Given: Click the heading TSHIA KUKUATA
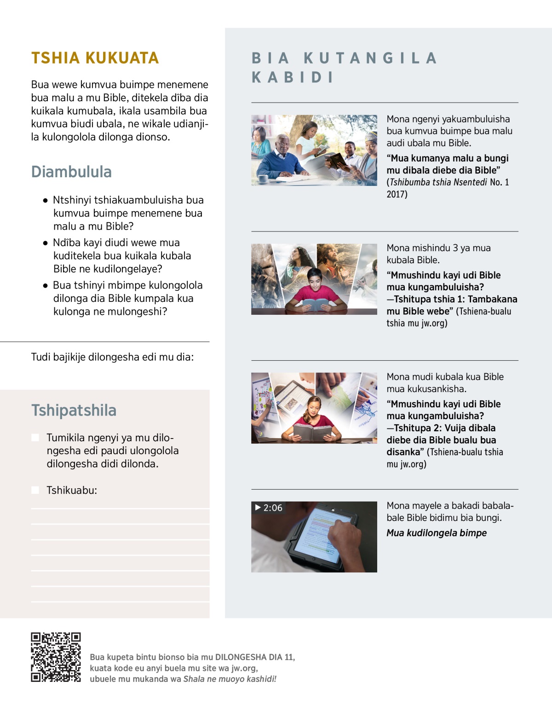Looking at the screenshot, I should (95, 58).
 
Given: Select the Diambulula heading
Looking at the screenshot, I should (71, 172).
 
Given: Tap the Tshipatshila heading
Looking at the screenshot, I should (74, 410).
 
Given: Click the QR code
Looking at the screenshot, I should (56, 657).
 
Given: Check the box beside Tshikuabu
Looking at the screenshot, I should (35, 490).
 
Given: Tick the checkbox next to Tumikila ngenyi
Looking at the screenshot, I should (35, 437).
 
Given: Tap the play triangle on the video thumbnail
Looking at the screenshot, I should (258, 507).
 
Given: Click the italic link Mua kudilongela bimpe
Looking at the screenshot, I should (436, 533).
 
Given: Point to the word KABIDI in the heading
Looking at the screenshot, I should (293, 77).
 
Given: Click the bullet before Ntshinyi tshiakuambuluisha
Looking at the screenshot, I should (45, 201).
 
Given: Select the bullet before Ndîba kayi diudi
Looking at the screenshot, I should (45, 243).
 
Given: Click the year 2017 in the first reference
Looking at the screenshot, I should (397, 194).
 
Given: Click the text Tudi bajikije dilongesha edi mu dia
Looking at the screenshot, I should (112, 357).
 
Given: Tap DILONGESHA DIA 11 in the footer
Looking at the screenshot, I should (254, 657).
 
